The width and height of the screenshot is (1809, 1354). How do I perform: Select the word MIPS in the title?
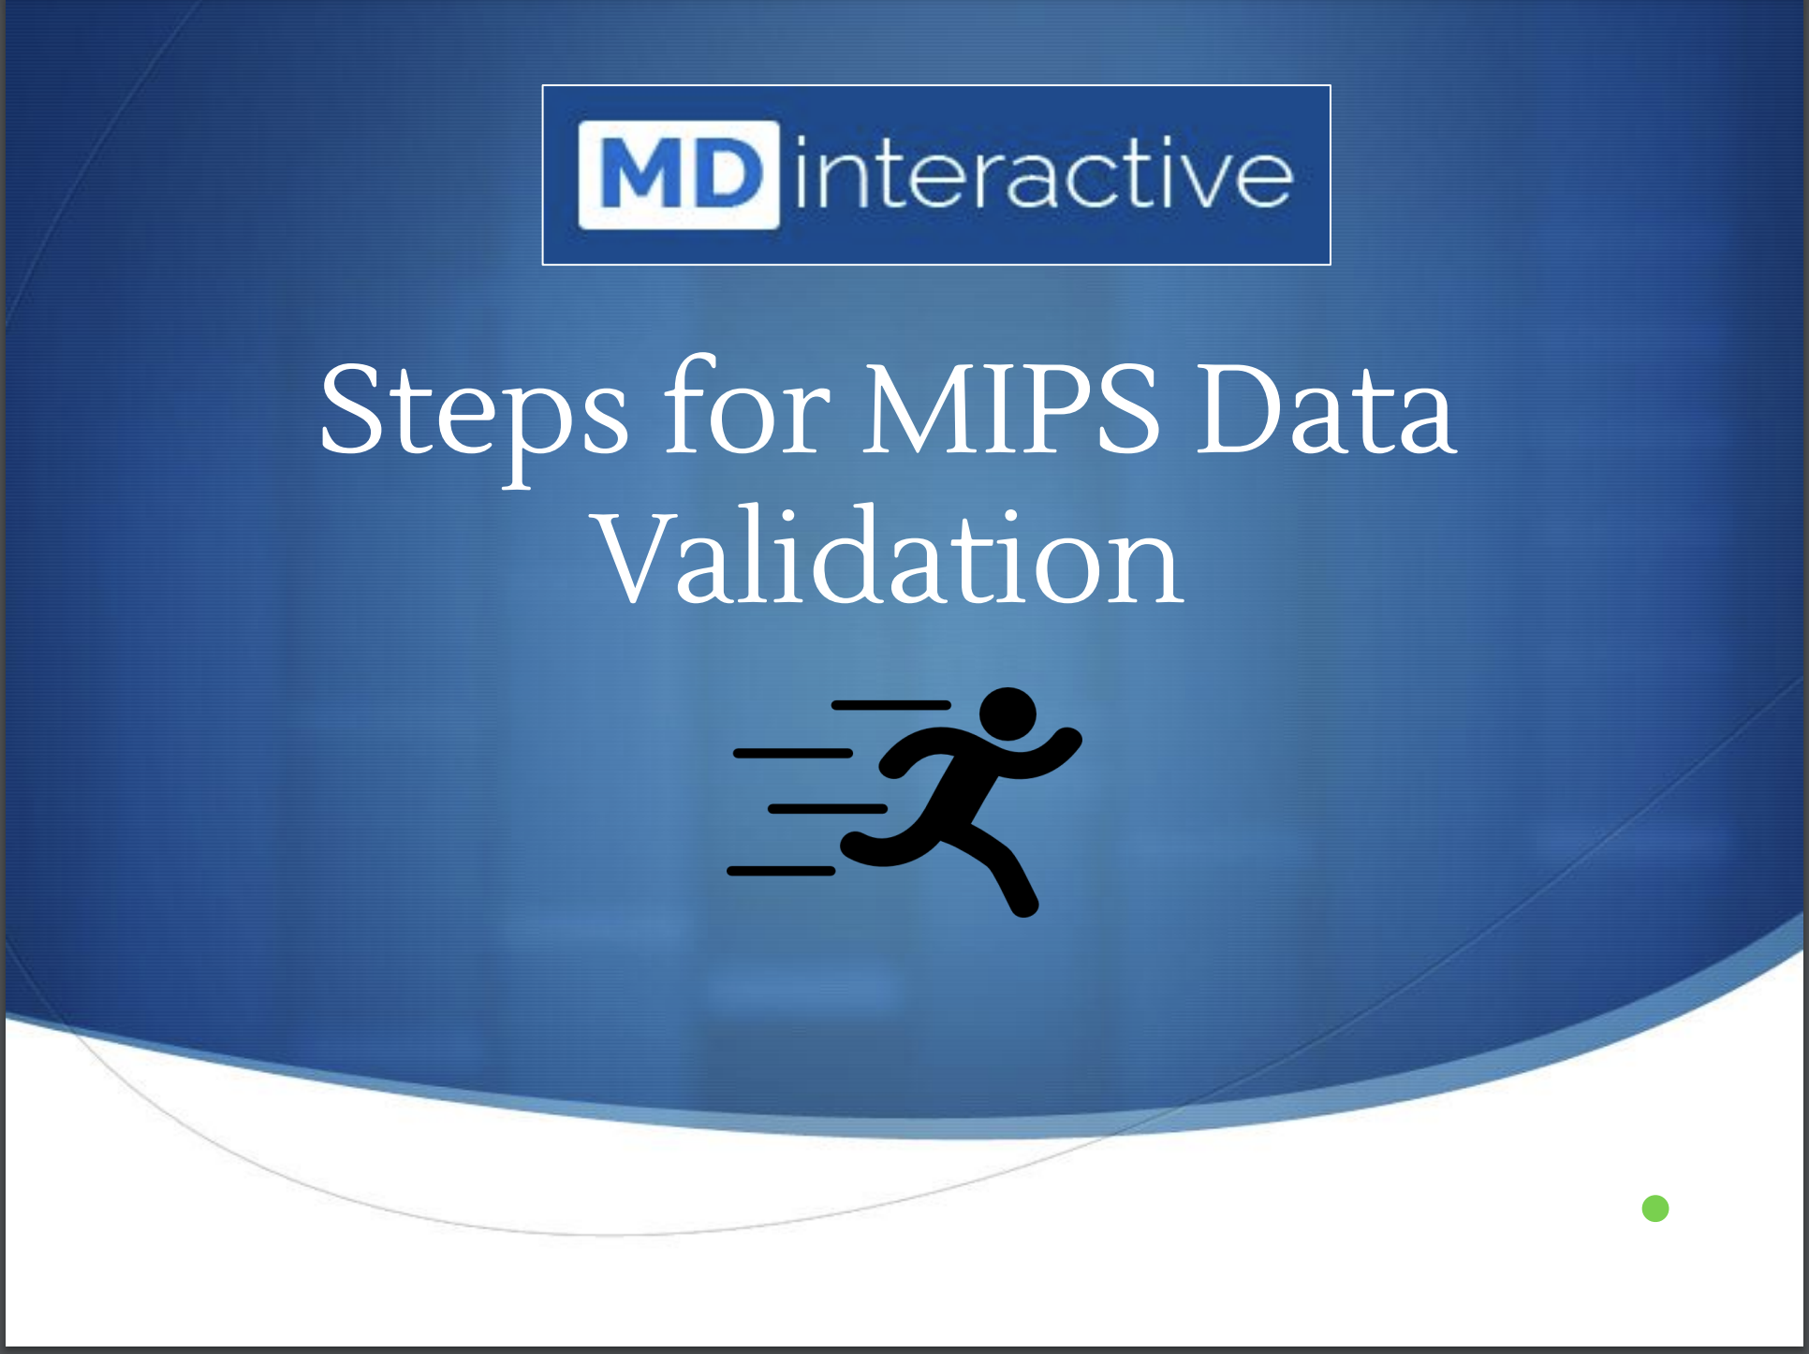point(1010,409)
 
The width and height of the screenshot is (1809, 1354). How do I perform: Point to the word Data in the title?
point(1327,409)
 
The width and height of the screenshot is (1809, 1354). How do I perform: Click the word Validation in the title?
point(890,554)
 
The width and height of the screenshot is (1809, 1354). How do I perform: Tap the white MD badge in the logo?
point(679,175)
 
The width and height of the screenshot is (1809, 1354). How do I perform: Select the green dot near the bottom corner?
point(1655,1208)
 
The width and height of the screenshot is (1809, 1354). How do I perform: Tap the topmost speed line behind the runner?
point(891,705)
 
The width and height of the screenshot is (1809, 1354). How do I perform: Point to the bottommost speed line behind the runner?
point(781,871)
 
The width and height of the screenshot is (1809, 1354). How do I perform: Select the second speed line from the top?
point(793,753)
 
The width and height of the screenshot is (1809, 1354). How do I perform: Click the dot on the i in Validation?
point(786,517)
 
